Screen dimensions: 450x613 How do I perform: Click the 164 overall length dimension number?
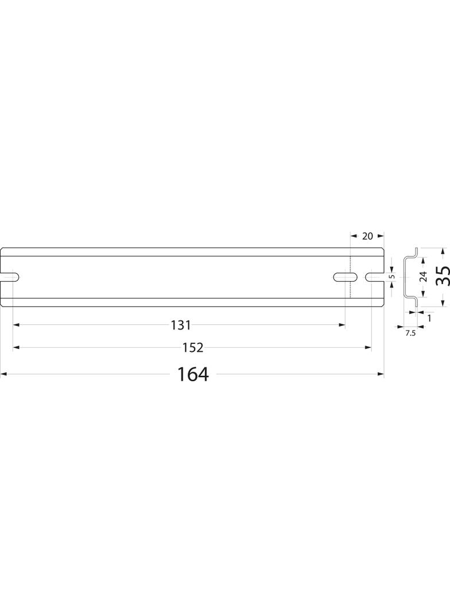[193, 374]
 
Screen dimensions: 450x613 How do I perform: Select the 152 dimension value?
[193, 347]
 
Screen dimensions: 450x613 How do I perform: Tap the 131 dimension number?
[181, 324]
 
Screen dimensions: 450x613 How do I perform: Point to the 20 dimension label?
[368, 236]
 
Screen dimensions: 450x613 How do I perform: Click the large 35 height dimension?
[443, 276]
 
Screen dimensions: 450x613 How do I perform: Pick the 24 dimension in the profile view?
[423, 277]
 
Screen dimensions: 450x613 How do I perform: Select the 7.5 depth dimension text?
[410, 333]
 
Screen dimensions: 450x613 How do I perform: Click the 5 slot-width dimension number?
[393, 276]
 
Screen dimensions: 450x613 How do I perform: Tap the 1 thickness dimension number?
[429, 318]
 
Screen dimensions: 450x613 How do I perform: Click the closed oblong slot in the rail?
[346, 277]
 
